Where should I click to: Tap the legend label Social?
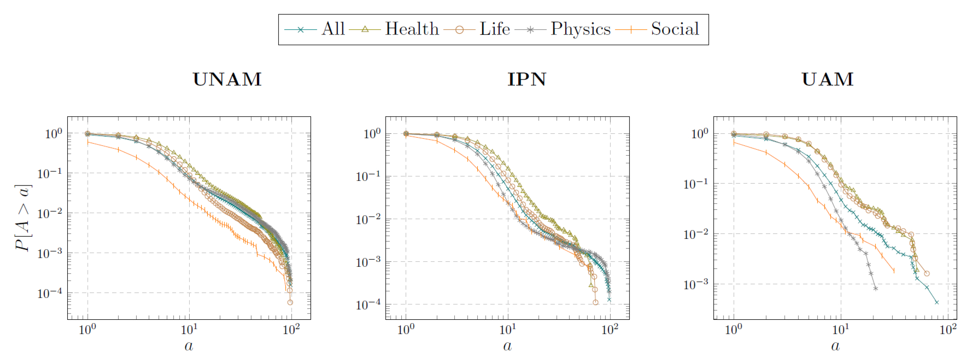click(675, 29)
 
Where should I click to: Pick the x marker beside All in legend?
click(300, 30)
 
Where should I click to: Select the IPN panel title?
click(527, 79)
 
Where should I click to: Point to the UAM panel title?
click(827, 79)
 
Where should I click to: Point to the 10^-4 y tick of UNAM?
click(49, 293)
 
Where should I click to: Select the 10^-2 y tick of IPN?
click(368, 219)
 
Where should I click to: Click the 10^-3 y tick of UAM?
click(695, 284)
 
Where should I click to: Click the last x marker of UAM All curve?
click(937, 303)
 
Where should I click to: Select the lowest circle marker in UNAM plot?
click(290, 303)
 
